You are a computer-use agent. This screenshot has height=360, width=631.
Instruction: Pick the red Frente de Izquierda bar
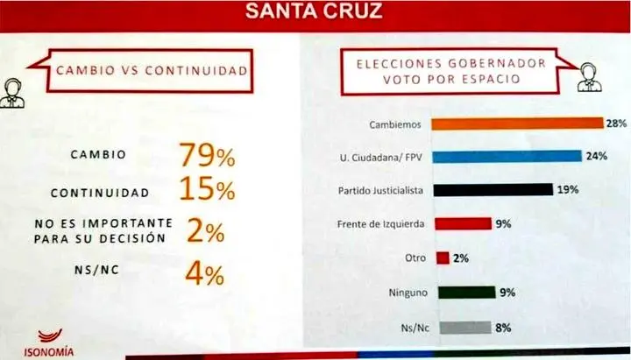coord(463,223)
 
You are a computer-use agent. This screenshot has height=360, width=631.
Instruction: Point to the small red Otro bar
coord(442,258)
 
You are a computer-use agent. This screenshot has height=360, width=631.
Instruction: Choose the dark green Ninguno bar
coord(463,292)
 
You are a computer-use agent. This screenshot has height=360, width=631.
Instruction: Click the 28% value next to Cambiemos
coord(615,124)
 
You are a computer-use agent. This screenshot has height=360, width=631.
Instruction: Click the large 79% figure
coord(208,156)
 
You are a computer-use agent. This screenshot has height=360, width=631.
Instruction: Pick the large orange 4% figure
coord(207,276)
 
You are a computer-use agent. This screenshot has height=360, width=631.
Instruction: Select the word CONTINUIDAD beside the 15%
coord(99,193)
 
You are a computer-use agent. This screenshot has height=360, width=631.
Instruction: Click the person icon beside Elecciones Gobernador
coord(585,77)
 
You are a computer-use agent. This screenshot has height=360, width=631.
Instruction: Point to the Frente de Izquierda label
coord(381,223)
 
